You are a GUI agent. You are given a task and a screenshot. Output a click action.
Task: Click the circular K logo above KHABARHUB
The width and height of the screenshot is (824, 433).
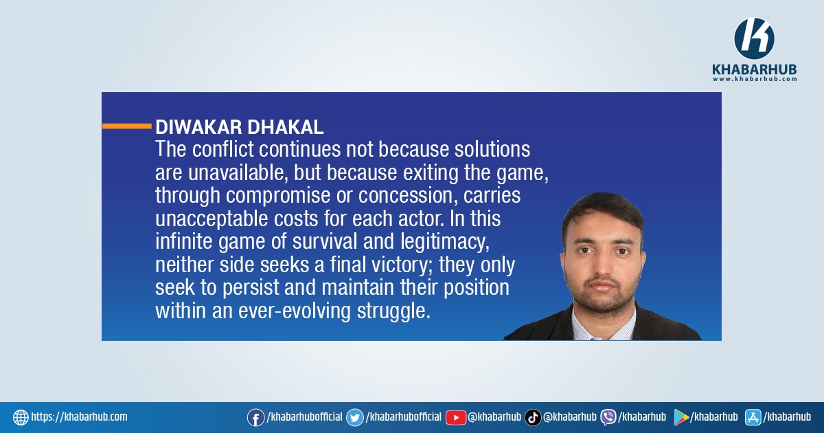[754, 38]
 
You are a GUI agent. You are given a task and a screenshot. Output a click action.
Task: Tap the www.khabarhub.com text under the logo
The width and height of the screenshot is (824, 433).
[755, 79]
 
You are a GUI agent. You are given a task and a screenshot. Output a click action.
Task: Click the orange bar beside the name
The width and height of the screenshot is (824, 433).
[127, 126]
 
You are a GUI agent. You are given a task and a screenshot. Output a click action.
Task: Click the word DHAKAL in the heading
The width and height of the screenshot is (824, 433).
[286, 127]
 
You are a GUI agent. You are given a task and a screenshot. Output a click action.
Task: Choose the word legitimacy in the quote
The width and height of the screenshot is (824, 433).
[445, 242]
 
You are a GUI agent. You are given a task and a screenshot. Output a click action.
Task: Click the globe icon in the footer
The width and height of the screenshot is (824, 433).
[21, 418]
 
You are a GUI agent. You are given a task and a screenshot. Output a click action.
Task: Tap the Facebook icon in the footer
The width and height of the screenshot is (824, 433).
[255, 418]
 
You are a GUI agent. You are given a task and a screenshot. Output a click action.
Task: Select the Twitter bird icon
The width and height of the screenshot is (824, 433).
[355, 418]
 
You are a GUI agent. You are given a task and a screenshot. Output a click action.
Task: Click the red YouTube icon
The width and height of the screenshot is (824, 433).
[456, 418]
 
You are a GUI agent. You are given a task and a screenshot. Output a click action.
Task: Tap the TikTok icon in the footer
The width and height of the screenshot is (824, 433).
[533, 418]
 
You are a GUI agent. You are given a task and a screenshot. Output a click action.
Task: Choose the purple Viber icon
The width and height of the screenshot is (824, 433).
[608, 418]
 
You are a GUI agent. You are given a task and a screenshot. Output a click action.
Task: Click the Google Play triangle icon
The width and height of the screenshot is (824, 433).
[681, 418]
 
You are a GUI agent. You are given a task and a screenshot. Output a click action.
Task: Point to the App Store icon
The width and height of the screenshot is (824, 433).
[753, 418]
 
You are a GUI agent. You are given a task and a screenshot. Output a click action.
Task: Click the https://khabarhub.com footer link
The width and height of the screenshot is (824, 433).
[79, 417]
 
